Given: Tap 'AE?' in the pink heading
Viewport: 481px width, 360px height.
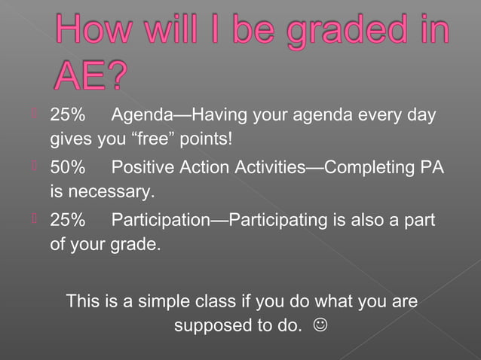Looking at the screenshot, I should click(x=92, y=76).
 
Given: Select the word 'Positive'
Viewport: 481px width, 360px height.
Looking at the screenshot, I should click(x=143, y=168).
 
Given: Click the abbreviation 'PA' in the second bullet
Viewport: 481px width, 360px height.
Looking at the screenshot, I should click(x=429, y=168).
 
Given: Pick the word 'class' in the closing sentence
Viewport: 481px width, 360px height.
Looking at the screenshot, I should click(x=214, y=301).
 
